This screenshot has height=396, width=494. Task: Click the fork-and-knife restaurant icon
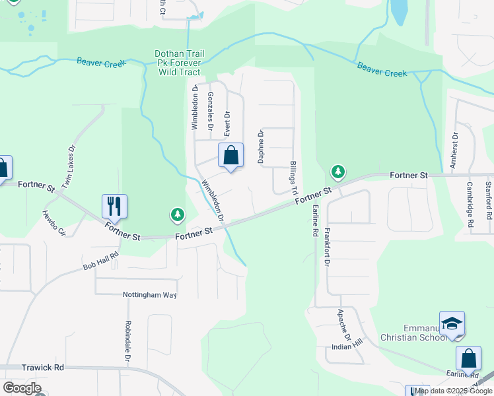pyautogui.click(x=114, y=207)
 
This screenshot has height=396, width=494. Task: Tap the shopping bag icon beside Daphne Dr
pyautogui.click(x=230, y=156)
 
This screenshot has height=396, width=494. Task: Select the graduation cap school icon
pyautogui.click(x=452, y=323)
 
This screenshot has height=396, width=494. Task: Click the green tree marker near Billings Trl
pyautogui.click(x=338, y=173)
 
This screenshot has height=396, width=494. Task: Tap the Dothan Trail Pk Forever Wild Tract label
pyautogui.click(x=178, y=63)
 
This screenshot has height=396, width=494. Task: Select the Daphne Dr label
pyautogui.click(x=261, y=147)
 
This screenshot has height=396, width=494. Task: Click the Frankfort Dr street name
pyautogui.click(x=327, y=247)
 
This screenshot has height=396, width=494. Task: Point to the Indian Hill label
pyautogui.click(x=347, y=346)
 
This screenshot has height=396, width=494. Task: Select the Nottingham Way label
pyautogui.click(x=150, y=295)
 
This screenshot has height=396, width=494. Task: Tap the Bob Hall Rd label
pyautogui.click(x=100, y=261)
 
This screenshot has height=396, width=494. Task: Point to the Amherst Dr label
pyautogui.click(x=454, y=148)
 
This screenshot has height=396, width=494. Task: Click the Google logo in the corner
pyautogui.click(x=22, y=388)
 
